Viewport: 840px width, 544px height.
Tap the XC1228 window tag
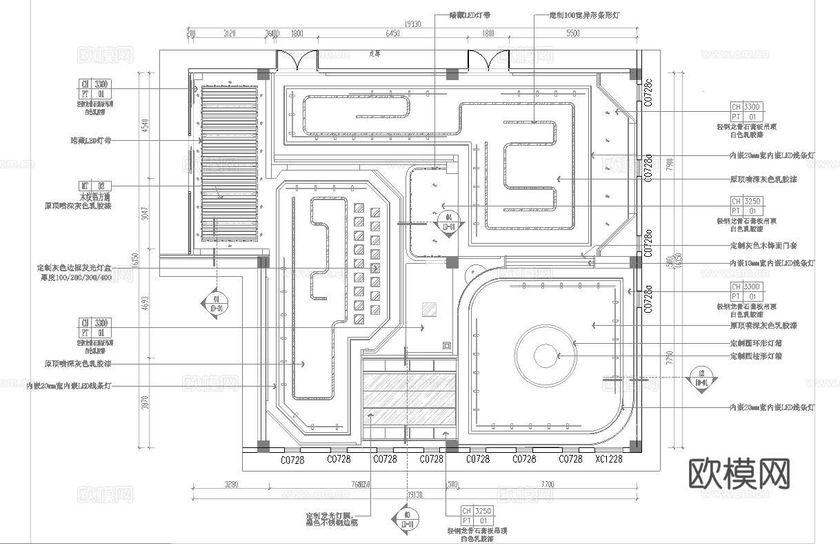pos(609,458)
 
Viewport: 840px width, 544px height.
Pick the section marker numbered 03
pos(406,518)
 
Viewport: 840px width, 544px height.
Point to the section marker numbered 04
pos(448,222)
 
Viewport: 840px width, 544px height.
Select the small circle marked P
pos(473,273)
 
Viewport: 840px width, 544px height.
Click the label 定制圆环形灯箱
pos(755,343)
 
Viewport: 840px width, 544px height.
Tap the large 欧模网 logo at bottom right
pos(739,474)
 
